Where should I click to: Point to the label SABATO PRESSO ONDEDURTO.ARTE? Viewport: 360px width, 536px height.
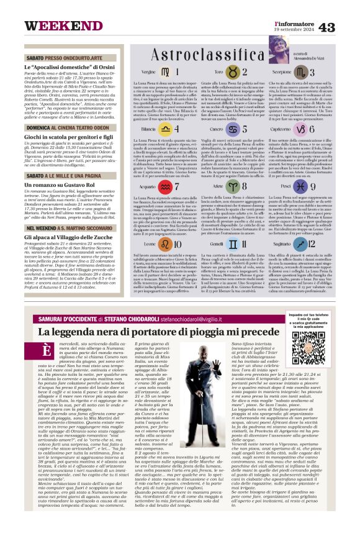(63, 57)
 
